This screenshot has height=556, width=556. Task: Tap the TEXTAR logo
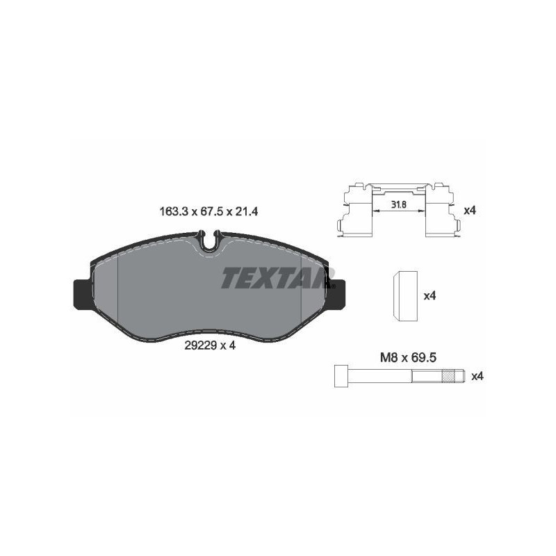click(273, 279)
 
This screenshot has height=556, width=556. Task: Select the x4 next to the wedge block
click(429, 295)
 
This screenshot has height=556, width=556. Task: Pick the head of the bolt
click(341, 377)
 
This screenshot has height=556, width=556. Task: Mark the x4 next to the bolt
click(477, 376)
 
